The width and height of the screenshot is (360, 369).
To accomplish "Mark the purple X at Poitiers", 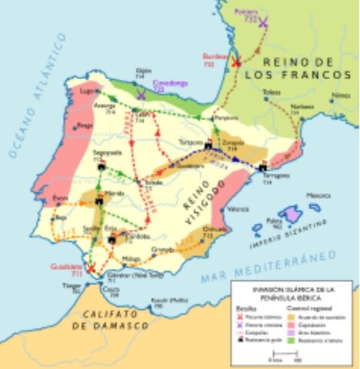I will click(263, 23).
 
